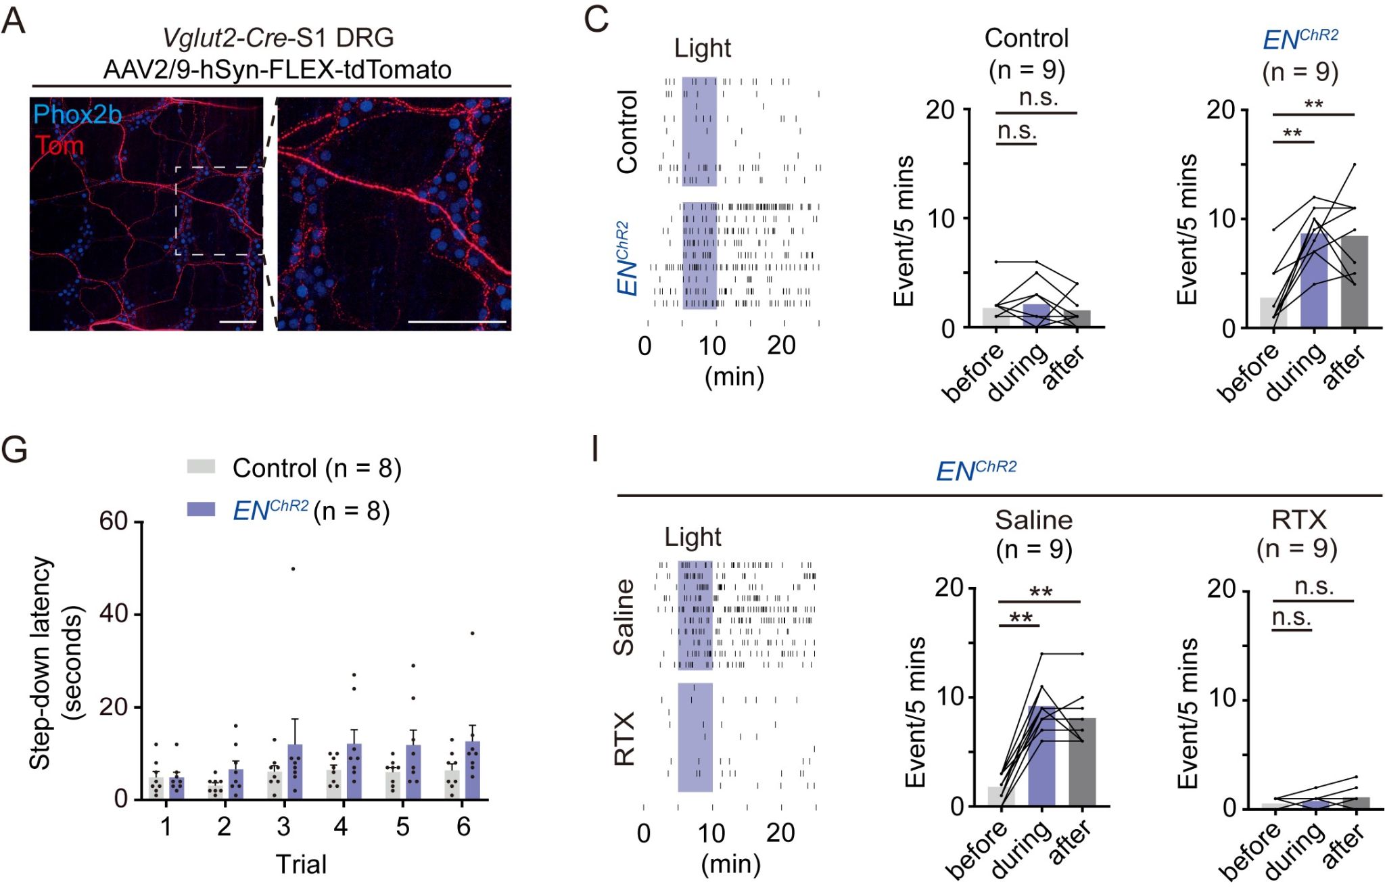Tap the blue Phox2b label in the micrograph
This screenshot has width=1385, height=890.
point(77,115)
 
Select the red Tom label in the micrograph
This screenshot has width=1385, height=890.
point(60,145)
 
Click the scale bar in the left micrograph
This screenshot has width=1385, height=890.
point(238,323)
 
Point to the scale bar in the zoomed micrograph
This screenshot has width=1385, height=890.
point(457,322)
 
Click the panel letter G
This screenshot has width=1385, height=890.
point(14,450)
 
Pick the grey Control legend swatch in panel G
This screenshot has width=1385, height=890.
point(201,466)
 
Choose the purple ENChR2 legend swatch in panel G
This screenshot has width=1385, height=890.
point(201,509)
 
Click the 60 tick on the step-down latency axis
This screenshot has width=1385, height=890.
point(113,521)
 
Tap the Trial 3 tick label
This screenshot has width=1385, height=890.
point(283,826)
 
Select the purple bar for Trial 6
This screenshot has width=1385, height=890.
point(472,771)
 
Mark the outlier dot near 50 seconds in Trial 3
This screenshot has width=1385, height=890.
point(293,569)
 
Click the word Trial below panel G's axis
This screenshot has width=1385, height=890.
point(301,864)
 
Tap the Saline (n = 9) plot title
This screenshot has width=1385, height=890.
point(1033,534)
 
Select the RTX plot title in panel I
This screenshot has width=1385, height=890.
point(1298,520)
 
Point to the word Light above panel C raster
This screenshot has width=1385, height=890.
point(702,49)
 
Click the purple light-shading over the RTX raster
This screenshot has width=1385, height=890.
point(695,737)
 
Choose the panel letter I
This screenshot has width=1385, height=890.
point(595,450)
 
